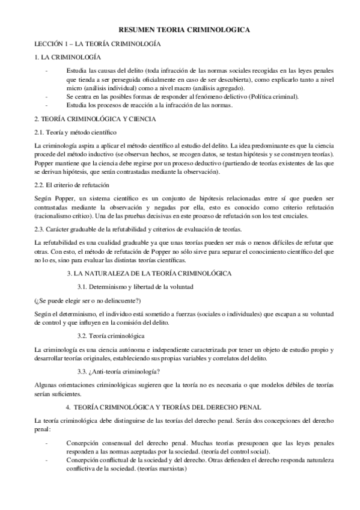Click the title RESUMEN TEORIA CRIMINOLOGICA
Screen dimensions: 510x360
pyautogui.click(x=180, y=29)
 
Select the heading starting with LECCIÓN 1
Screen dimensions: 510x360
pyautogui.click(x=96, y=44)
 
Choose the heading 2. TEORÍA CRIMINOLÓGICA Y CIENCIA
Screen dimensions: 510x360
pyautogui.click(x=96, y=119)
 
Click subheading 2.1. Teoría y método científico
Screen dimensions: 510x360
pyautogui.click(x=76, y=132)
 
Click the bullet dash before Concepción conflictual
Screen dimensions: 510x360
pyautogui.click(x=47, y=459)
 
